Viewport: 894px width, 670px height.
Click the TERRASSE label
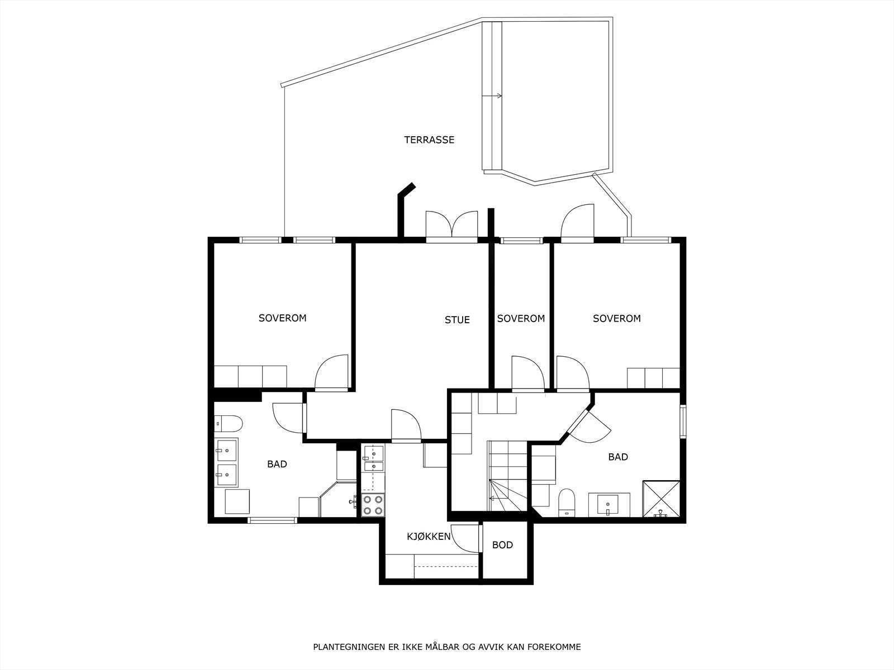(429, 140)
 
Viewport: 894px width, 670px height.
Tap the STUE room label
(457, 320)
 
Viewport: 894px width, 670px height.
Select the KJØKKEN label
(429, 537)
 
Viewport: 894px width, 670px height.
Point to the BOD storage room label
(502, 545)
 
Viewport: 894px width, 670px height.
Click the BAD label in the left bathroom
(277, 464)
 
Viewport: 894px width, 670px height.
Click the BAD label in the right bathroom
(618, 457)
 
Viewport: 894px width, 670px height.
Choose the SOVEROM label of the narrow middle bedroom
(521, 318)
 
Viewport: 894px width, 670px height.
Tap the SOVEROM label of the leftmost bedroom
(282, 318)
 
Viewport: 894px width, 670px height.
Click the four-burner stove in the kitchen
(373, 505)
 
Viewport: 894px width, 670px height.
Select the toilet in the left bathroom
(228, 423)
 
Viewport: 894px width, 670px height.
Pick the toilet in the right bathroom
(566, 503)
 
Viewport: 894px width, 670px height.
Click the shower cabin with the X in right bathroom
(661, 499)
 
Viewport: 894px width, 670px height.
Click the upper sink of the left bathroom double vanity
(226, 451)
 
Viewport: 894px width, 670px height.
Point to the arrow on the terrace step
(492, 96)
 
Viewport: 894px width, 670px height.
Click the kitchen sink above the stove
(373, 458)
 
